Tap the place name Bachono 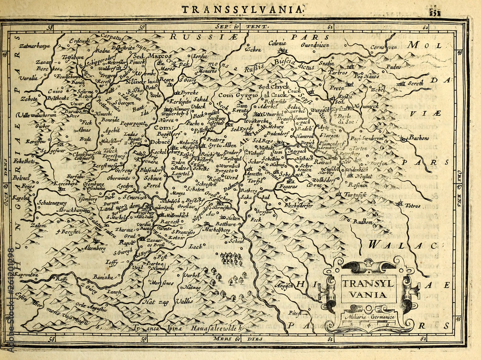(x=419, y=138)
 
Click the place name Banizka (x=103, y=277)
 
